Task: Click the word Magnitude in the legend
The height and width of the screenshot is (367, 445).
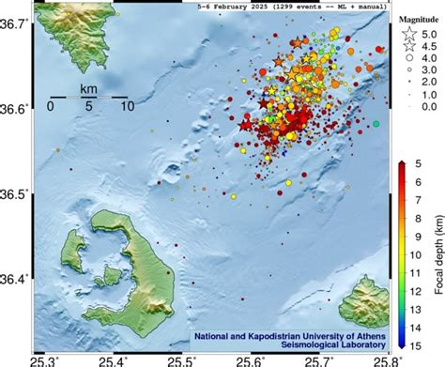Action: [x=418, y=19]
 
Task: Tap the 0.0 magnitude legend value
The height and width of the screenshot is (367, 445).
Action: [x=430, y=108]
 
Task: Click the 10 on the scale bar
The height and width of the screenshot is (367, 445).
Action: [x=126, y=106]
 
